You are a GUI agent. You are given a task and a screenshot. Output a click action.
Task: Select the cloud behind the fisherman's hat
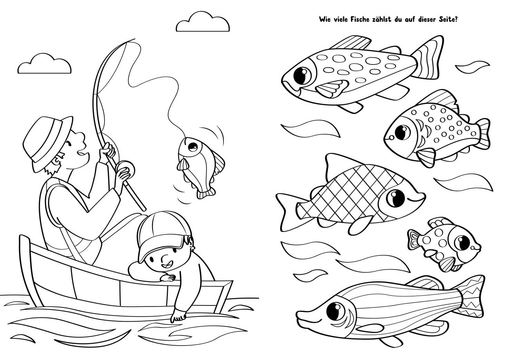pos(45,64)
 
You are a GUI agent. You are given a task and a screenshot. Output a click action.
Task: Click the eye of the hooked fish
pos(192,146)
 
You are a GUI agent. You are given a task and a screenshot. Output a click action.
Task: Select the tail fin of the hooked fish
pos(205,193)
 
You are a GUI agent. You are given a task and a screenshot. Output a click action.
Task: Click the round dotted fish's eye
pos(403,132)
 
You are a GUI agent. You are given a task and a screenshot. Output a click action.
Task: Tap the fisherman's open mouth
pos(81,154)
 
